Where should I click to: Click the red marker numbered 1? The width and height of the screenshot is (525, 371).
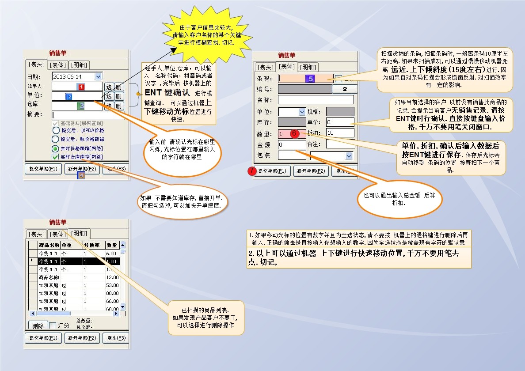pos(81,87)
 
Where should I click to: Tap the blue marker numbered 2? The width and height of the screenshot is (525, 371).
pos(69,97)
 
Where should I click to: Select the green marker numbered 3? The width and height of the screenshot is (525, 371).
pos(81,106)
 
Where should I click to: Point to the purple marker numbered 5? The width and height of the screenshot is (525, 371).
pos(310,79)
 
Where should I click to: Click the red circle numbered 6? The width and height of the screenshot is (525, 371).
pos(295,133)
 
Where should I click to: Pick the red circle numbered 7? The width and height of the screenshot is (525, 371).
pos(252,171)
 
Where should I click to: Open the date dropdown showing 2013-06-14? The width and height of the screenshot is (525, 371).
pos(98,76)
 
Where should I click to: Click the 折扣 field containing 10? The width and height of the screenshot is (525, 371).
pos(340,133)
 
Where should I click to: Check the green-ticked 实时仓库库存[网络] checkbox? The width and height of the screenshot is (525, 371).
pos(56,157)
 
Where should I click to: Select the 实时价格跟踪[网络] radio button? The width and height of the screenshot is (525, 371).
pos(56,149)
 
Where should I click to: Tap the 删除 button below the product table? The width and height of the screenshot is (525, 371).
pos(38,326)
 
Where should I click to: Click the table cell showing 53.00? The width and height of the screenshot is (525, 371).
pos(112,285)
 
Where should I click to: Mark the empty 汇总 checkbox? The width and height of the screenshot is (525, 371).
pos(53,326)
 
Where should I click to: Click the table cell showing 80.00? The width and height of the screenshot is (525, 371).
pos(112,293)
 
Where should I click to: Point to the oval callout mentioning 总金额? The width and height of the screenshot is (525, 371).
pos(399,198)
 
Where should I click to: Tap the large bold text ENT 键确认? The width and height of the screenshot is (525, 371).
pos(167,93)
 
